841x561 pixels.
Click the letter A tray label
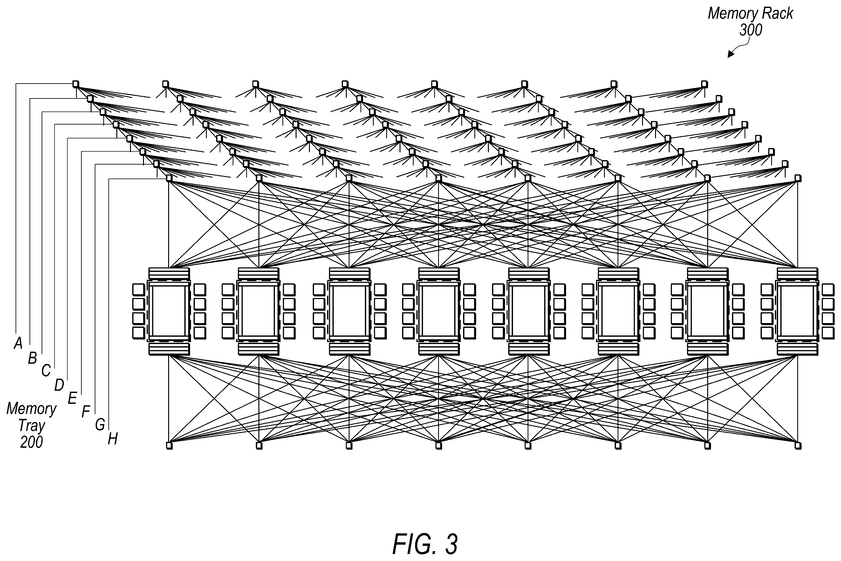click(x=18, y=343)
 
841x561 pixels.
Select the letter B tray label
click(x=32, y=358)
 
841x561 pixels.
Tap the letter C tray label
click(x=46, y=371)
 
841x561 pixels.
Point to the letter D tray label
click(x=59, y=385)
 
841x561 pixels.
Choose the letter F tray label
click(x=85, y=412)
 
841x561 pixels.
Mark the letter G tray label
click(x=100, y=425)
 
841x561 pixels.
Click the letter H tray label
click(x=113, y=439)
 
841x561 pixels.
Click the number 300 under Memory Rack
click(x=751, y=30)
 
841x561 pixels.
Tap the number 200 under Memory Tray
click(x=31, y=443)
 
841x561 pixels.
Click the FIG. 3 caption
click(x=425, y=544)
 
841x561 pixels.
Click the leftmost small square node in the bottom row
click(x=169, y=446)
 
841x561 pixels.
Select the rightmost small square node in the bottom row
click(x=798, y=446)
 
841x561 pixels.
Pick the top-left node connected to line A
click(x=76, y=84)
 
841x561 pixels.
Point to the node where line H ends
click(x=169, y=178)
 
